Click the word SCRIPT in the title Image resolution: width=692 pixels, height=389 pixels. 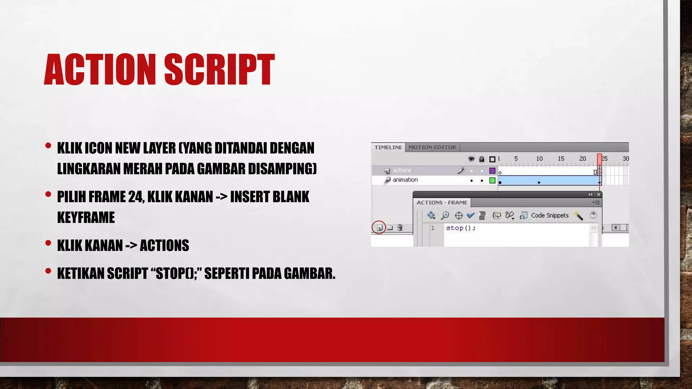point(219,70)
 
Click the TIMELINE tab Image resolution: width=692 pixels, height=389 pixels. point(388,147)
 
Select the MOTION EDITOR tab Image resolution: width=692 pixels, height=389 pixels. point(432,147)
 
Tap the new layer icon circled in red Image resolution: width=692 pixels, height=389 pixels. point(379,228)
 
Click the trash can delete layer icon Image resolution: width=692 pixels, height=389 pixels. point(400,228)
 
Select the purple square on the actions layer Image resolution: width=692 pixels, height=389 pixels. point(492,171)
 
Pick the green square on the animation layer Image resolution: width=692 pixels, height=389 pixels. point(492,180)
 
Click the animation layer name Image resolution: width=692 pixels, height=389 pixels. point(405,180)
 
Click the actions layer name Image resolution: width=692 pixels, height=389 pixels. point(402,170)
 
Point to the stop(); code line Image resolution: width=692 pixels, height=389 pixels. point(461,228)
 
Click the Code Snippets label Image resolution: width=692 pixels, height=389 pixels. point(550,215)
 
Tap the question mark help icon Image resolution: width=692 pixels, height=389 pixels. point(593,215)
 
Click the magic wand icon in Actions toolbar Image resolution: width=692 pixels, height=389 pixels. point(578,215)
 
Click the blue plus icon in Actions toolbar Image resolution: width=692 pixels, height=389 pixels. point(431,215)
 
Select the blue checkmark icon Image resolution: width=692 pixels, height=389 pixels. point(470,215)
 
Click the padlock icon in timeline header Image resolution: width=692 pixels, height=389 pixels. point(481,159)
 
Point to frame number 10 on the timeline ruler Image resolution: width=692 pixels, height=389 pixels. point(539,158)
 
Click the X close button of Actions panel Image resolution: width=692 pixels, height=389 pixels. point(598,194)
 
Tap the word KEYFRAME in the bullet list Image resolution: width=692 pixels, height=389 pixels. point(86,217)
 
